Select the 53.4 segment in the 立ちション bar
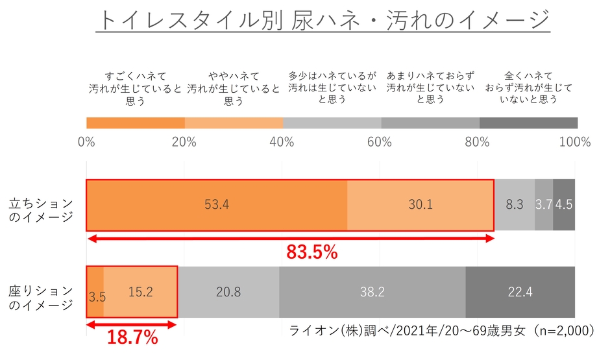(217, 205)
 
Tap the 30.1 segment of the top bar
(421, 205)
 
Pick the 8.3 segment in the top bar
(515, 205)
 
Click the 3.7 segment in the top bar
(544, 205)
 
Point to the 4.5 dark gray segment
(564, 205)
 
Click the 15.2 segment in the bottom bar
(140, 292)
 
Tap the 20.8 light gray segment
(228, 292)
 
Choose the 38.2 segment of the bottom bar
(372, 292)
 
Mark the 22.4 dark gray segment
(520, 292)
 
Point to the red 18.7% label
(132, 337)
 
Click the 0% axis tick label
(87, 142)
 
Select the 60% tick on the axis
(381, 142)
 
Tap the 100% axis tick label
(574, 142)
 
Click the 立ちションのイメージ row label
(40, 210)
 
